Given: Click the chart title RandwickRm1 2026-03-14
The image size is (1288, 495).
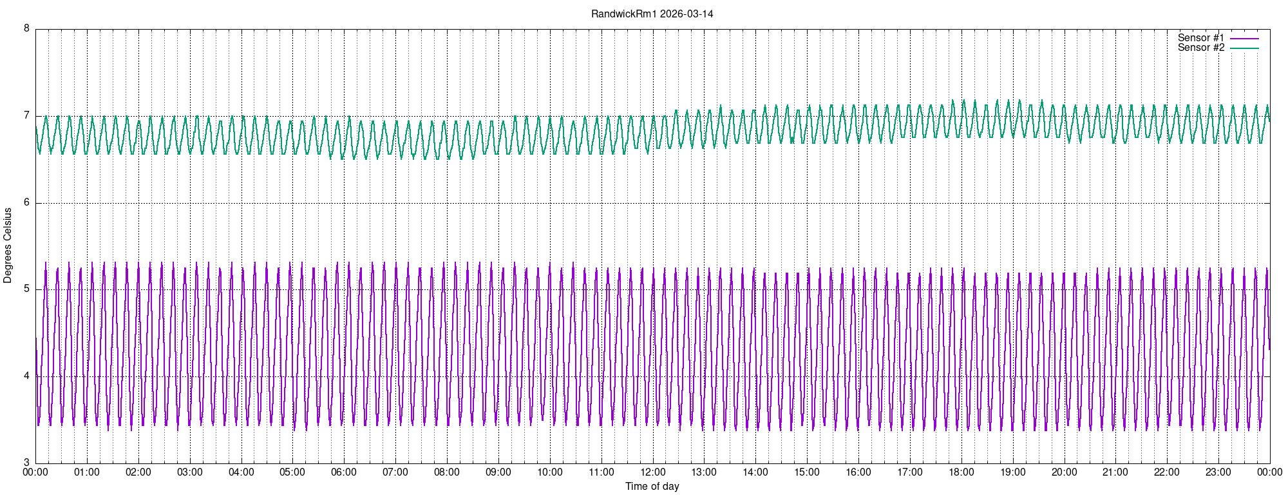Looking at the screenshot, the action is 652,14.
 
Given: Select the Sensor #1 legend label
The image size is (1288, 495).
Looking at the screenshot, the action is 1201,38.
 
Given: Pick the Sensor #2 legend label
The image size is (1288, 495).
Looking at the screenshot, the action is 1201,48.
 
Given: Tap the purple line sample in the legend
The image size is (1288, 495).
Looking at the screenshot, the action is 1244,39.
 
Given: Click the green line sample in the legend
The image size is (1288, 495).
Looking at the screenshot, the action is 1244,48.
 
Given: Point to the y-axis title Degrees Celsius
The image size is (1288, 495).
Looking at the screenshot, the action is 8,245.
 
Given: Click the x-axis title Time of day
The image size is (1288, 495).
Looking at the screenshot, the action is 652,487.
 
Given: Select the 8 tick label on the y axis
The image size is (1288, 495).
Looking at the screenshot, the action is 26,28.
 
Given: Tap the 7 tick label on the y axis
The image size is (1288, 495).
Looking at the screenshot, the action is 26,116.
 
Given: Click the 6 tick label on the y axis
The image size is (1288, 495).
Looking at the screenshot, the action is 26,202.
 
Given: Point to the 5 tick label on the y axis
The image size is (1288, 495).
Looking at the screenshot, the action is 26,289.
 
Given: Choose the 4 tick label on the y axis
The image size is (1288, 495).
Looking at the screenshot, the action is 26,376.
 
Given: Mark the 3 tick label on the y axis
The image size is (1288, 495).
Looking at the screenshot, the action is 26,463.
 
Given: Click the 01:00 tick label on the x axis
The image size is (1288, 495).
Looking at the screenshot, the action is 87,472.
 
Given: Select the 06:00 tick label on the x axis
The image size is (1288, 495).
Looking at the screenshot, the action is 344,472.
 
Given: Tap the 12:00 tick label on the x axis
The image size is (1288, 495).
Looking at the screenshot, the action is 652,472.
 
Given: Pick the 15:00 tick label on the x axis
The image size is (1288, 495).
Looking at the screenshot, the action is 807,472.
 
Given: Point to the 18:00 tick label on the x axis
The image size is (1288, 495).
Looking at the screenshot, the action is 961,472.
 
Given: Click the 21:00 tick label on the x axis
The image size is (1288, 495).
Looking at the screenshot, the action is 1115,472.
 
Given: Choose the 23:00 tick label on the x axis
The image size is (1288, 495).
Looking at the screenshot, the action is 1218,472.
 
